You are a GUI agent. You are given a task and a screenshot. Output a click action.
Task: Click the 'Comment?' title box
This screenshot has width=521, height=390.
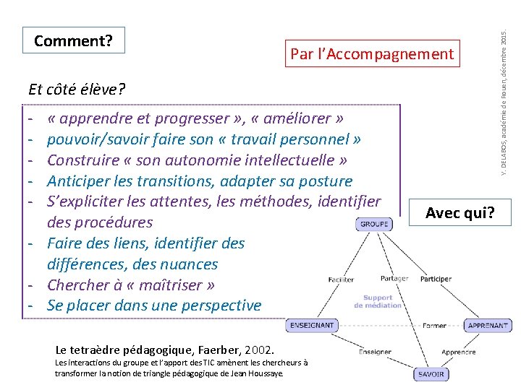coord(73,40)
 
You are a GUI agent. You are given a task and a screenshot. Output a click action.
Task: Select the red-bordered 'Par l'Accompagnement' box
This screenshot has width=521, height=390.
coord(372,53)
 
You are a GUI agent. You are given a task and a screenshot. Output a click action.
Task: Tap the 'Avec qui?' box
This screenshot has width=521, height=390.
coord(460,212)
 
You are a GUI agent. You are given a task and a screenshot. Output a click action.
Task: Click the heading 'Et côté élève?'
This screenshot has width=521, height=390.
coord(77,90)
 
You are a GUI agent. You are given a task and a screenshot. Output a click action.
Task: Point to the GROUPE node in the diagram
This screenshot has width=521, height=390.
coord(374,224)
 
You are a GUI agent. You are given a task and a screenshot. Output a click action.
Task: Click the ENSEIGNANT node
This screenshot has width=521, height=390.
coord(312,326)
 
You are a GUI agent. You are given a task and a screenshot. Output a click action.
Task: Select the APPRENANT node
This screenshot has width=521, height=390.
coord(487,326)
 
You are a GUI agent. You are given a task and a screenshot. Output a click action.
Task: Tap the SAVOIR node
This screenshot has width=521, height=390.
coord(431,374)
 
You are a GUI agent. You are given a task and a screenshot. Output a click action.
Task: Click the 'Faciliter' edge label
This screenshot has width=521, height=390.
coord(341,279)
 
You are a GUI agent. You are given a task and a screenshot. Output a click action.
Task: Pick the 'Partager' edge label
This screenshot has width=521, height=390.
coord(394,278)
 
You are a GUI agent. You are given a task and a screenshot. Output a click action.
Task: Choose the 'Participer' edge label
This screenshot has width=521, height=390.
coord(436,279)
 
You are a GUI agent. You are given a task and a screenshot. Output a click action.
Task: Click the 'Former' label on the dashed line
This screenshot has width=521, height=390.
coord(434,326)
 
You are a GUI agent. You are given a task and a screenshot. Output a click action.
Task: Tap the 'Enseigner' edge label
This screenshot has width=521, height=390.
coord(375,352)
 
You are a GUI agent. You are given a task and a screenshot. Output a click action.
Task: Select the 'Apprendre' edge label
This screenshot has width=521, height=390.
coord(458,352)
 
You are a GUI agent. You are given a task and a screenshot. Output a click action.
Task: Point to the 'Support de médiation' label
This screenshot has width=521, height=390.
coord(378,301)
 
